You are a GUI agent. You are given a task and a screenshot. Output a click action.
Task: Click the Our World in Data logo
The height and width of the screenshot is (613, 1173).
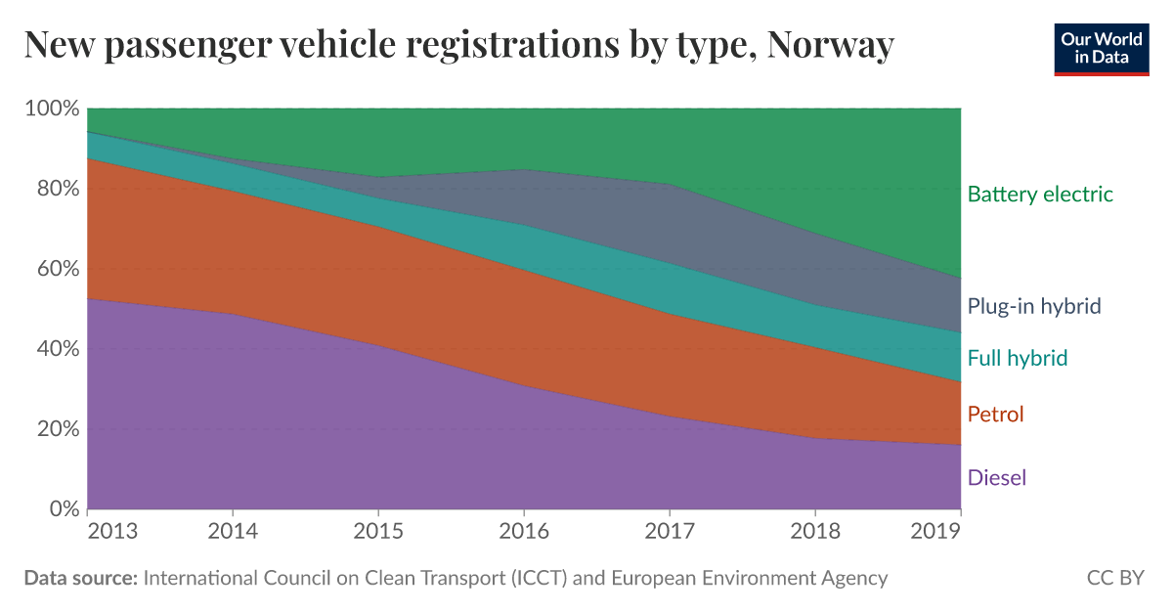[1102, 47]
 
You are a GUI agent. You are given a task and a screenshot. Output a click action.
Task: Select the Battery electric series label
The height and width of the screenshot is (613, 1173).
[1040, 194]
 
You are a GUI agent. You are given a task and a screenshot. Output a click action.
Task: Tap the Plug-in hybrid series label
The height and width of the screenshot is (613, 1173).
[1034, 306]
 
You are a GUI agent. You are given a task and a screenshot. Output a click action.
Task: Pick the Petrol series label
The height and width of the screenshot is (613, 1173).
[995, 415]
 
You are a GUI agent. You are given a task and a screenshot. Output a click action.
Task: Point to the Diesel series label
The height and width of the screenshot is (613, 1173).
[997, 478]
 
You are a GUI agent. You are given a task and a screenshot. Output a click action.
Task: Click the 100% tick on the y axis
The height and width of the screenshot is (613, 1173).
[50, 109]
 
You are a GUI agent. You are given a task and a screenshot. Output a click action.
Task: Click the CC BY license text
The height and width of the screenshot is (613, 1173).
[1115, 578]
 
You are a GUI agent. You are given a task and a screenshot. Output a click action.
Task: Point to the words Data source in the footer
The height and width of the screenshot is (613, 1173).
[80, 578]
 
